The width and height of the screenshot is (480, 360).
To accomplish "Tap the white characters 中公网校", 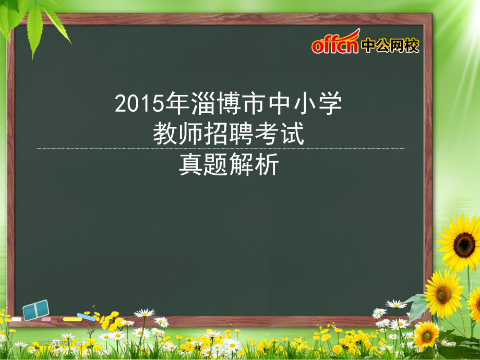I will coord(390,46).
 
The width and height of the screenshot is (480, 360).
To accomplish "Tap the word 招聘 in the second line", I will coord(228,135).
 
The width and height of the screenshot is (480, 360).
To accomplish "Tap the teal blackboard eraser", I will coord(35,310).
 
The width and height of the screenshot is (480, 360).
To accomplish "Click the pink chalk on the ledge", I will coord(46,319).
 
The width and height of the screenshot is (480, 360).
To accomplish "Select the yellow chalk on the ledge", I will coord(72,319).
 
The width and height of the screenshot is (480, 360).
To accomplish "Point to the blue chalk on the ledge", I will coord(86,316).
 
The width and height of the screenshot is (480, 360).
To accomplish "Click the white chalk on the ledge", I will coord(16,319).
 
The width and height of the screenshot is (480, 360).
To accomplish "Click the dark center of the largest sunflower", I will coord(463,244).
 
